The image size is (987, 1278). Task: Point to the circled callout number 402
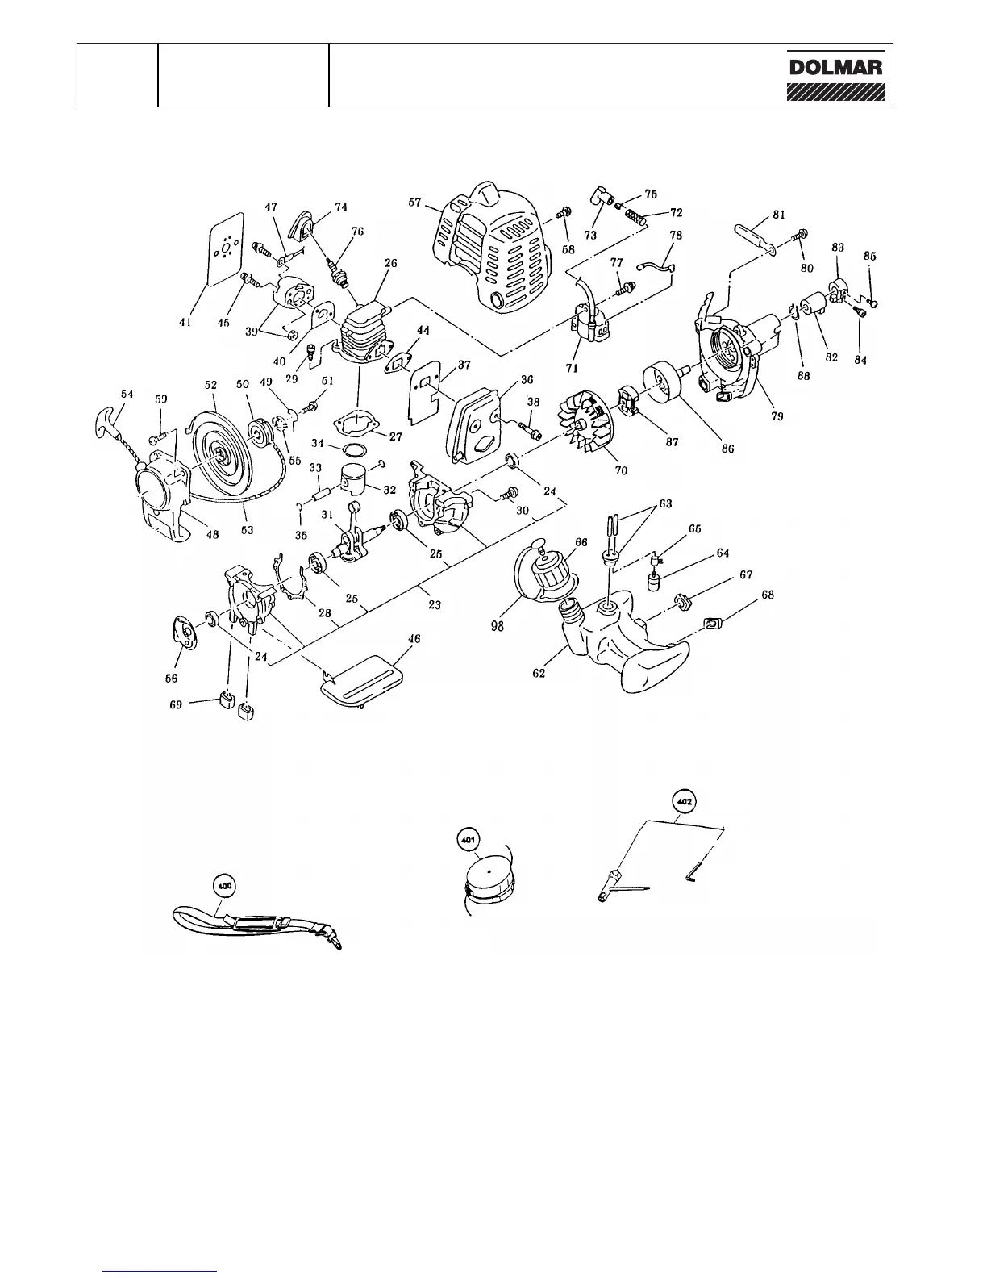coord(684,802)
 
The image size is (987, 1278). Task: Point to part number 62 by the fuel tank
coord(539,671)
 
